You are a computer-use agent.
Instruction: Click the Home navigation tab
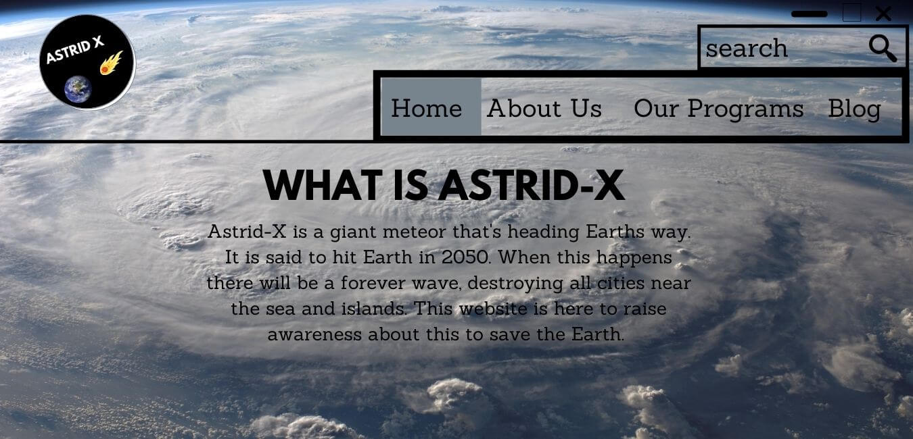pyautogui.click(x=431, y=107)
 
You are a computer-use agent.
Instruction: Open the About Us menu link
pyautogui.click(x=544, y=109)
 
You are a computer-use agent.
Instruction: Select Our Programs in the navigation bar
pyautogui.click(x=719, y=109)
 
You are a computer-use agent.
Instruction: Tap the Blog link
pyautogui.click(x=854, y=109)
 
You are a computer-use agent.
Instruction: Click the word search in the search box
pyautogui.click(x=747, y=49)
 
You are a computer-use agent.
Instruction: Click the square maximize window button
pyautogui.click(x=852, y=13)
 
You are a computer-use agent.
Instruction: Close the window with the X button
pyautogui.click(x=883, y=13)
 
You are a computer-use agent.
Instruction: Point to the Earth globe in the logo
pyautogui.click(x=78, y=88)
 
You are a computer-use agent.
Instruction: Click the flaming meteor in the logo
pyautogui.click(x=112, y=63)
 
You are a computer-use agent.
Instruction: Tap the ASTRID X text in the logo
pyautogui.click(x=74, y=49)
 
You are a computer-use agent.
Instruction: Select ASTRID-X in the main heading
pyautogui.click(x=531, y=185)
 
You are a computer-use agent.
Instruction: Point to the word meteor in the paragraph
pyautogui.click(x=415, y=232)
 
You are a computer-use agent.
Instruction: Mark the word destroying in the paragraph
pyautogui.click(x=515, y=284)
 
